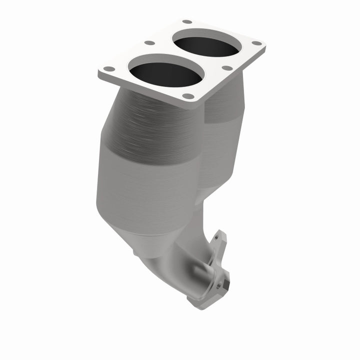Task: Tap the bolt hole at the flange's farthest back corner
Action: tap(187, 22)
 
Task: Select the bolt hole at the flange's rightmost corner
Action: tap(257, 43)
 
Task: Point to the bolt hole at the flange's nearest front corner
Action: tap(187, 96)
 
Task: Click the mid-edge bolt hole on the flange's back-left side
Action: tap(148, 43)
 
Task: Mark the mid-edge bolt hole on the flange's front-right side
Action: tap(227, 67)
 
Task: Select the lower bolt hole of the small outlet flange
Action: tap(218, 285)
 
